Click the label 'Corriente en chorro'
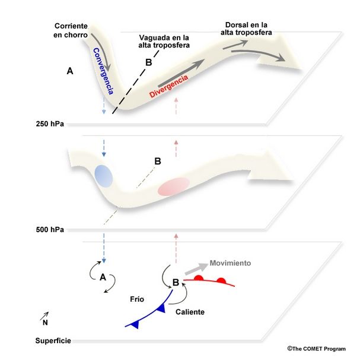[71, 30]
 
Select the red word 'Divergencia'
[169, 87]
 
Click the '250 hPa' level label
[49, 124]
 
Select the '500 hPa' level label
[49, 229]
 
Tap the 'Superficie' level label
[53, 341]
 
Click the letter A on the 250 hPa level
[70, 71]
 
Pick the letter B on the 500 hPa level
[158, 160]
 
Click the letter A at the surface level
[103, 277]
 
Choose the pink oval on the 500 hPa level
[173, 186]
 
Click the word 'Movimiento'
[231, 263]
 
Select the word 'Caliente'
[190, 311]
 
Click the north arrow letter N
[45, 322]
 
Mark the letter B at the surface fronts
[176, 282]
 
